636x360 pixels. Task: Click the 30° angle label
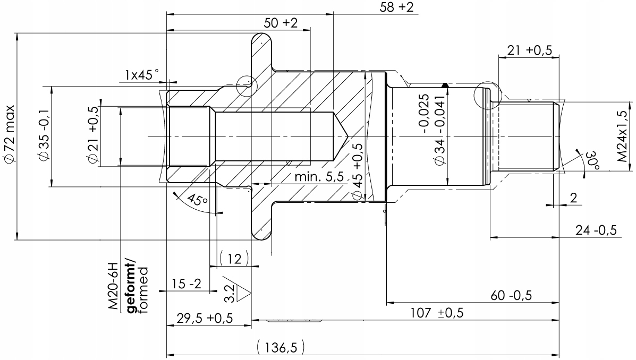point(590,160)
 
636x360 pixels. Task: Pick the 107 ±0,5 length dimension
point(437,313)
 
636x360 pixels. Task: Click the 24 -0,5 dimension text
point(595,230)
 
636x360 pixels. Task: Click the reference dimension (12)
point(234,259)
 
